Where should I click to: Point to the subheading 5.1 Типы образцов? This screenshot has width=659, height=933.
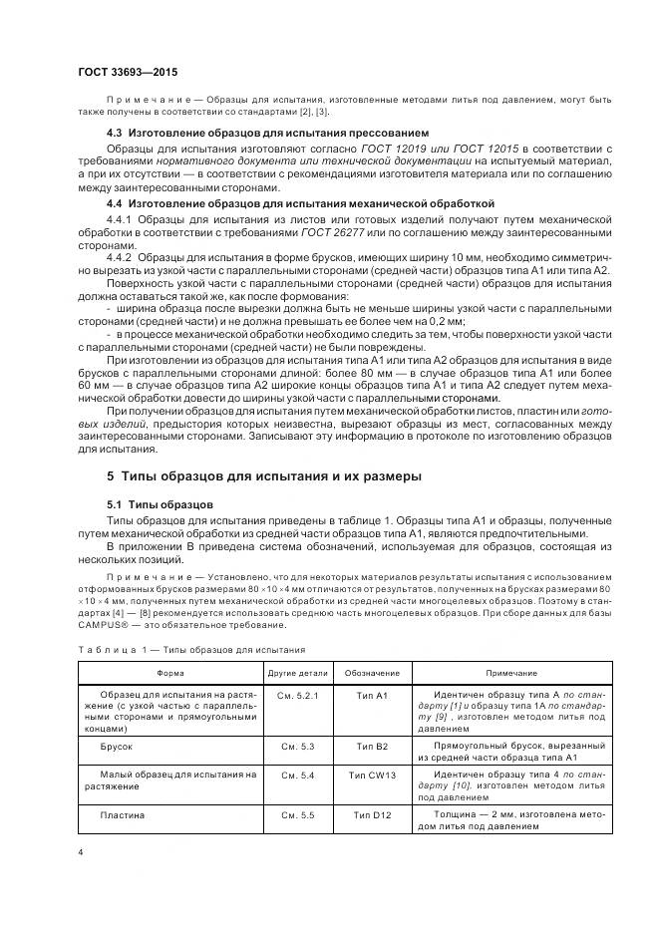159,504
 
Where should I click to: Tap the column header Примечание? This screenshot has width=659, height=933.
511,674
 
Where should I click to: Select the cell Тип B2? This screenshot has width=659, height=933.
371,745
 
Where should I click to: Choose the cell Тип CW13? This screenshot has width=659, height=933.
372,774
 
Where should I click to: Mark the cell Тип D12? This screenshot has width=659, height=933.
372,814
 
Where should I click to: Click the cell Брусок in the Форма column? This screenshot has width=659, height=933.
117,745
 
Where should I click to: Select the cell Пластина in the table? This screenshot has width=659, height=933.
123,814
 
